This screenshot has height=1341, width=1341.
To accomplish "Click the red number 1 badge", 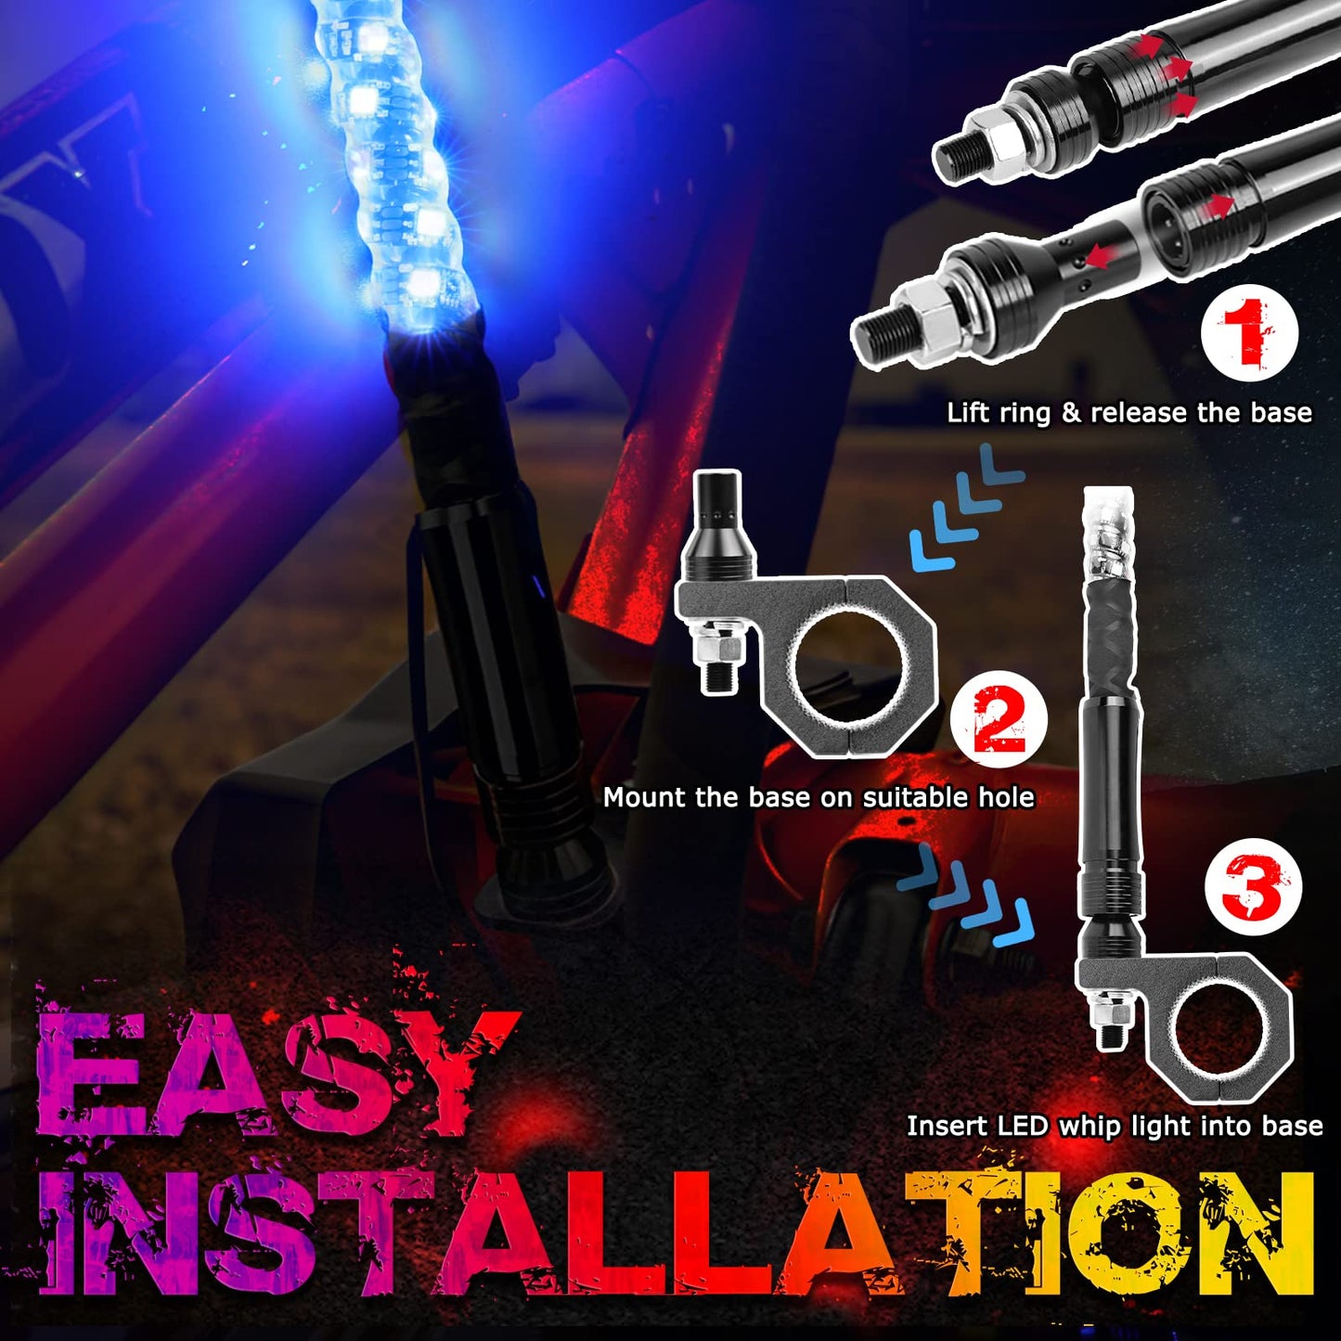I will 1249,332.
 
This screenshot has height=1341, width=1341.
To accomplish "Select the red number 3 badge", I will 1252,886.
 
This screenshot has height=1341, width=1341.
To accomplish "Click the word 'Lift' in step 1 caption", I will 967,413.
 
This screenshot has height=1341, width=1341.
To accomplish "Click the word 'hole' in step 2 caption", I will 1006,797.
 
